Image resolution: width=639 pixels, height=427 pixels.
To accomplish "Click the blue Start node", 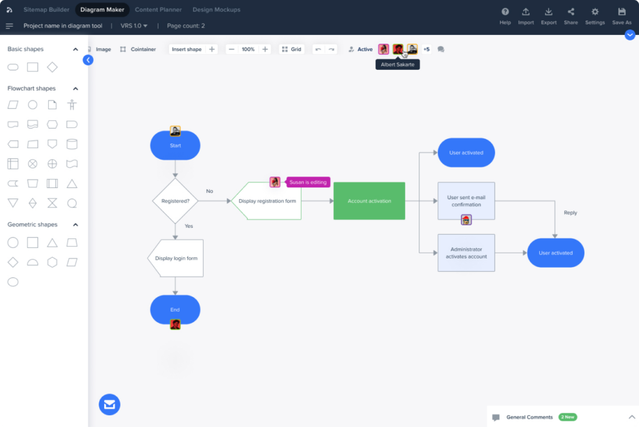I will click(175, 146).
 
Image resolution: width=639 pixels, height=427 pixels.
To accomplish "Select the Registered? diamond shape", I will click(175, 201).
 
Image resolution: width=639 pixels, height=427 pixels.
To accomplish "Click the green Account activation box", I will click(369, 201).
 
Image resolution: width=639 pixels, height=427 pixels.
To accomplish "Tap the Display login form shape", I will click(175, 258).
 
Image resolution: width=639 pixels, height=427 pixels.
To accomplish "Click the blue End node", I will click(175, 310).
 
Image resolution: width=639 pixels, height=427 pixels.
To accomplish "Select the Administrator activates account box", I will click(466, 253).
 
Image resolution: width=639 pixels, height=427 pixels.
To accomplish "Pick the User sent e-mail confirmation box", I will click(466, 200).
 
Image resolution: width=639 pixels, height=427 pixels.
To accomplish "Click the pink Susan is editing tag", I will click(308, 182).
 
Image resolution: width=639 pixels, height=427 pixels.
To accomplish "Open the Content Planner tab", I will click(159, 9).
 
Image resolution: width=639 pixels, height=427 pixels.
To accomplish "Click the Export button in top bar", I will click(549, 16).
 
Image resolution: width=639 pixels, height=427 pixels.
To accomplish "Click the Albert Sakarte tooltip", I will click(398, 64).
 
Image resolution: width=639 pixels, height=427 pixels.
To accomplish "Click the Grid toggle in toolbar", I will click(291, 49).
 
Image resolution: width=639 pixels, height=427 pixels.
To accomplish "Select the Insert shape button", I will click(187, 49).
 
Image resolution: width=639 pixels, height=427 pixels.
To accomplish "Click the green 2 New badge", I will click(567, 416).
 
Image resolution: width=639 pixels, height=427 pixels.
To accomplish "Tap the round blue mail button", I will click(109, 405).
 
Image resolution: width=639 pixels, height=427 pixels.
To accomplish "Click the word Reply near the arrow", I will click(570, 213).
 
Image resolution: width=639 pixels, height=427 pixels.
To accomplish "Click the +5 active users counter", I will click(426, 49).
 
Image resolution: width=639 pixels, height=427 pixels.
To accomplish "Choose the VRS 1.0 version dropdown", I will click(134, 26).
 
